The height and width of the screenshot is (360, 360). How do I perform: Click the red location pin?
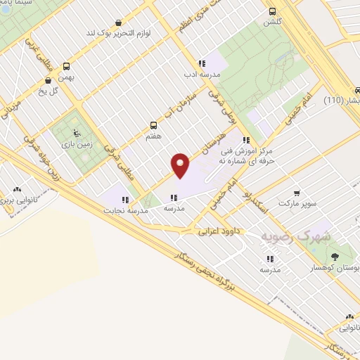click(181, 164)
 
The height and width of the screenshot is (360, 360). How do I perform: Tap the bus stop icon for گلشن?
click(272, 11)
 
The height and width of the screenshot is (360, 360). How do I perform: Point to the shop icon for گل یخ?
click(48, 80)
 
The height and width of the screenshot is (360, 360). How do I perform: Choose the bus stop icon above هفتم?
click(153, 124)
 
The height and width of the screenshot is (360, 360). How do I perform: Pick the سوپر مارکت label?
click(302, 203)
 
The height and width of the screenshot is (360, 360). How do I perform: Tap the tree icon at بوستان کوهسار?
click(335, 255)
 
